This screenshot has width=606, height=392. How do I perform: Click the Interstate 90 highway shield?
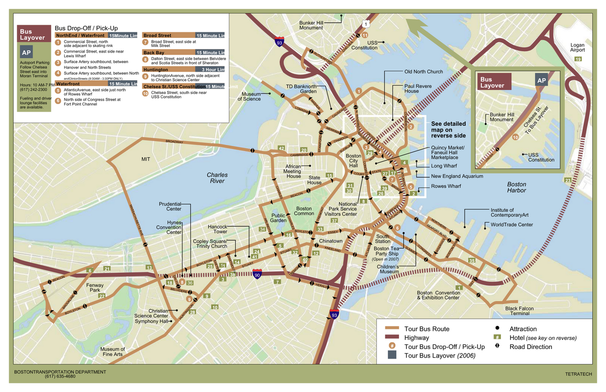[258, 275]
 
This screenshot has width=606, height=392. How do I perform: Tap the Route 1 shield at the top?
[365, 24]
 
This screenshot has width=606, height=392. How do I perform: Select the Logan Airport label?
[577, 47]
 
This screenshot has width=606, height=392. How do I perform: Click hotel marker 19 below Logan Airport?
[578, 60]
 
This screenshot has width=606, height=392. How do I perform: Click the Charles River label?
[217, 178]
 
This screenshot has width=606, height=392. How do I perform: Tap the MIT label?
[146, 159]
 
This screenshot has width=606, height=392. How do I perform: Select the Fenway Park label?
[96, 288]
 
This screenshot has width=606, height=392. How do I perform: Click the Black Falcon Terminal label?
[519, 311]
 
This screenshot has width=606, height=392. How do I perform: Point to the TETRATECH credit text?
[579, 374]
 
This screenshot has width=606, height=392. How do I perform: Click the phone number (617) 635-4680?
[60, 376]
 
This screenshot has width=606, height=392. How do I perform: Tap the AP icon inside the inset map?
[541, 81]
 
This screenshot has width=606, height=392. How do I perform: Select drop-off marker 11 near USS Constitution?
[365, 35]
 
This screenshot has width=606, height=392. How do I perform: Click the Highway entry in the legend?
[417, 337]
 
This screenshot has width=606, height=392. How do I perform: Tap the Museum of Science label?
[251, 96]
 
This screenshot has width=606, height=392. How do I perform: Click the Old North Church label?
[424, 72]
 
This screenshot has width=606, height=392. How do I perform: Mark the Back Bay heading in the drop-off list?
[154, 53]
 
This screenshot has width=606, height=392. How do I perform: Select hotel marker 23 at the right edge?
[568, 180]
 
